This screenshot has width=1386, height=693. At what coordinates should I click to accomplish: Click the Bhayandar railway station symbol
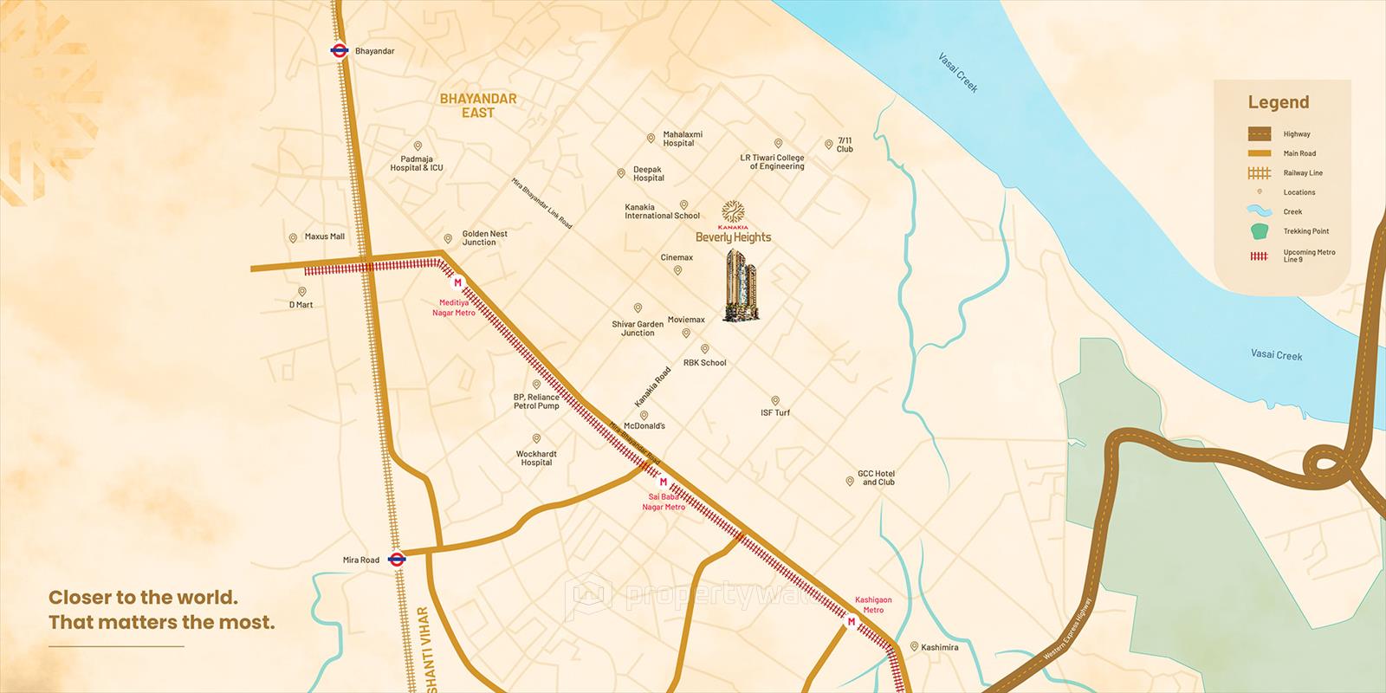click(x=339, y=50)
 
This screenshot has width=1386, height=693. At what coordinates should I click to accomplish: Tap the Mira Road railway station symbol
click(x=397, y=560)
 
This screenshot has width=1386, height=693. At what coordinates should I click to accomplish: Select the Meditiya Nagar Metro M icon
click(x=457, y=282)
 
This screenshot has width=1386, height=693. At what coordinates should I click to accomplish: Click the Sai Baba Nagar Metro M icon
click(x=664, y=482)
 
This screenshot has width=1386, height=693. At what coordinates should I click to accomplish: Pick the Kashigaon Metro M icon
click(x=852, y=622)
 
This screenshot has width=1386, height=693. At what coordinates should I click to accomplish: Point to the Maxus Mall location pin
click(x=293, y=236)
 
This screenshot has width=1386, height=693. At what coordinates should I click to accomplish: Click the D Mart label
click(x=301, y=305)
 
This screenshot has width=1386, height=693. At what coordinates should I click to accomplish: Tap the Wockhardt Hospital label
click(x=536, y=458)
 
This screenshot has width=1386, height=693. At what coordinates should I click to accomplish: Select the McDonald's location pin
click(x=644, y=416)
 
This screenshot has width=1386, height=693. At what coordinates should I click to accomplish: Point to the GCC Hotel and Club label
click(x=877, y=477)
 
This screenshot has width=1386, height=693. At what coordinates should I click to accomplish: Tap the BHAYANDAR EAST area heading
click(x=477, y=106)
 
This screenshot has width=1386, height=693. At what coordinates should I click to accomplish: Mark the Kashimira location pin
click(x=913, y=646)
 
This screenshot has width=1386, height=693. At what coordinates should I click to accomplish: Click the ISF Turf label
click(x=775, y=412)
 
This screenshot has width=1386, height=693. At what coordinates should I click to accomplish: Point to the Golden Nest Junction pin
click(x=448, y=239)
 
